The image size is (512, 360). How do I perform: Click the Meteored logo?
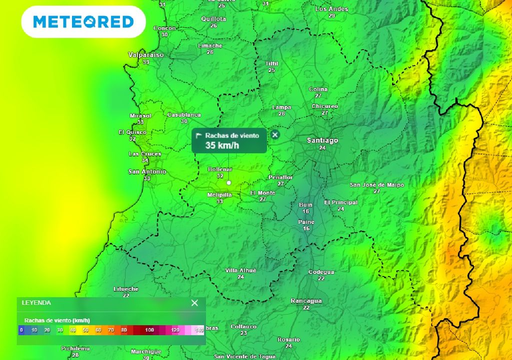pyautogui.click(x=83, y=22)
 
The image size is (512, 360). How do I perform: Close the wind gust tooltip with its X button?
pyautogui.click(x=275, y=134)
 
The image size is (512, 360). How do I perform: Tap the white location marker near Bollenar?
pyautogui.click(x=228, y=183)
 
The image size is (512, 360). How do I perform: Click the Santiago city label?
pyautogui.click(x=322, y=140)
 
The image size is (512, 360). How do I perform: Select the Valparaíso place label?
pyautogui.click(x=145, y=55)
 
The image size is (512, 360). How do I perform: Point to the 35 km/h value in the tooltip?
pyautogui.click(x=222, y=145)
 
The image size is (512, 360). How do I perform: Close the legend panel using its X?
pyautogui.click(x=194, y=302)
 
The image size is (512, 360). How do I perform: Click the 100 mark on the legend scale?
pyautogui.click(x=149, y=330)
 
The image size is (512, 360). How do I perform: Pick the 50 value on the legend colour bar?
pyautogui.click(x=85, y=330)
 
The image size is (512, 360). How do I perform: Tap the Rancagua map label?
pyautogui.click(x=306, y=301)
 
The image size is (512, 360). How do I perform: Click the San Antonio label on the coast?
pyautogui.click(x=147, y=171)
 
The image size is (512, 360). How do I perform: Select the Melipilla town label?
pyautogui.click(x=219, y=195)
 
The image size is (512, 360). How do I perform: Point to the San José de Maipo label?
pyautogui.click(x=376, y=185)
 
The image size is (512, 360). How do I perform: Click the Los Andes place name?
pyautogui.click(x=331, y=9)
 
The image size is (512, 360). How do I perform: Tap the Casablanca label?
pyautogui.click(x=184, y=114)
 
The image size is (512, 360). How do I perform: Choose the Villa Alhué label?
pyautogui.click(x=240, y=270)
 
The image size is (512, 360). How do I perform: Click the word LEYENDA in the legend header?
pyautogui.click(x=36, y=302)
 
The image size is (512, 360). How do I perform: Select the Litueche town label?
pyautogui.click(x=126, y=289)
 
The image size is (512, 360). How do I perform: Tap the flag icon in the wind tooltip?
pyautogui.click(x=198, y=135)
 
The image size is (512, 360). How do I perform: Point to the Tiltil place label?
pyautogui.click(x=271, y=63)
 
